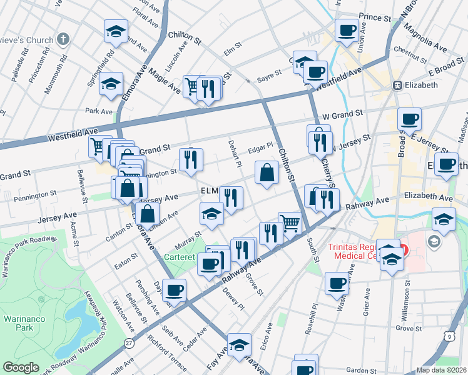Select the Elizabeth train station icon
pyautogui.click(x=397, y=84)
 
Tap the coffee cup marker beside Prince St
pyautogui.click(x=346, y=30)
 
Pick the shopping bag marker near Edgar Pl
pyautogui.click(x=267, y=172)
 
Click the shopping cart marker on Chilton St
pyautogui.click(x=290, y=223)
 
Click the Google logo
pyautogui.click(x=20, y=367)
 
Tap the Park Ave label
pyautogui.click(x=98, y=111)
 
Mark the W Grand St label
pyautogui.click(x=342, y=114)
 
